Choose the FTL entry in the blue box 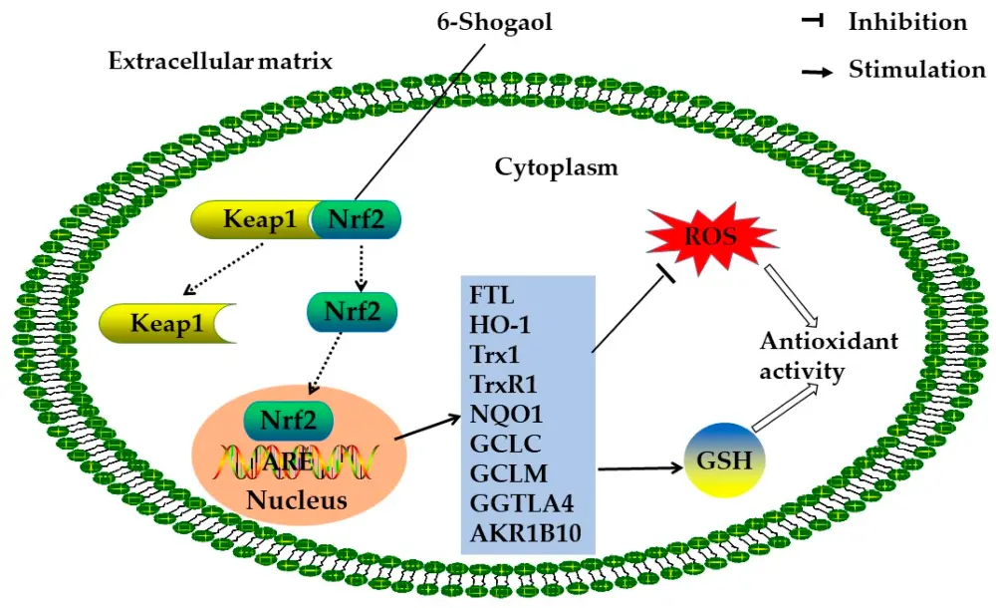coord(489,296)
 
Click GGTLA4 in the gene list coord(514,503)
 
